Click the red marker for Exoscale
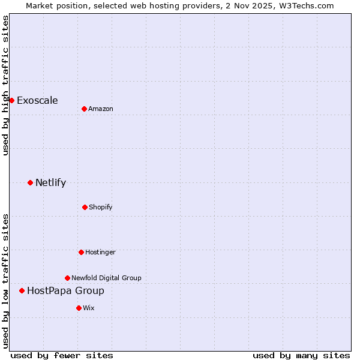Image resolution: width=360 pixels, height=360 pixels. click(x=11, y=100)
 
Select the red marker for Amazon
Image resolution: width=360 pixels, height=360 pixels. click(x=84, y=109)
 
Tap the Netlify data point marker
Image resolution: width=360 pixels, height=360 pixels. click(x=30, y=182)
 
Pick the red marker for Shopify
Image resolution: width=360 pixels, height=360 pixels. click(x=85, y=207)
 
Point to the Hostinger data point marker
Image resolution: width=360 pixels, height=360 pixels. click(x=81, y=252)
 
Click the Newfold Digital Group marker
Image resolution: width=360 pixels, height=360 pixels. click(x=67, y=278)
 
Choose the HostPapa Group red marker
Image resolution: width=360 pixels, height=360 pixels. click(x=22, y=290)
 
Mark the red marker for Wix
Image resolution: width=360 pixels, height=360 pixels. click(x=79, y=308)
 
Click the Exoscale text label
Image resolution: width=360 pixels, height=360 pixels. click(x=37, y=100)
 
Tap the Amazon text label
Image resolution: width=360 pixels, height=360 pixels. click(x=101, y=109)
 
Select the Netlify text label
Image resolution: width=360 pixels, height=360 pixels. click(x=50, y=182)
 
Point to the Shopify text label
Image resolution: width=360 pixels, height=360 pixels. click(x=101, y=207)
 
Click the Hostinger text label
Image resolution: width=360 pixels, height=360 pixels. click(x=100, y=252)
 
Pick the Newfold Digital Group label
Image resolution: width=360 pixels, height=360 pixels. click(x=106, y=278)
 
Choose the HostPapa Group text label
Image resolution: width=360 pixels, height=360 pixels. click(x=65, y=290)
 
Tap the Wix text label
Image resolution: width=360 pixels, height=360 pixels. click(x=89, y=308)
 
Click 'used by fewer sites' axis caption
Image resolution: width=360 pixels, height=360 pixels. click(x=62, y=355)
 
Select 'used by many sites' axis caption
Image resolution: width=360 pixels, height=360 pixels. click(x=301, y=355)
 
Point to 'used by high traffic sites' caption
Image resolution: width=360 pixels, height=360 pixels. click(x=5, y=85)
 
